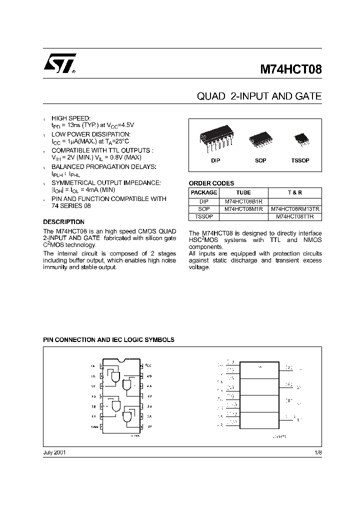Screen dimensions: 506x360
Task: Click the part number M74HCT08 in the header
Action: coord(290,68)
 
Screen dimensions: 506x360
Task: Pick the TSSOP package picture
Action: coord(301,138)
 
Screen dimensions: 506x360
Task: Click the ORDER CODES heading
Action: coord(211,183)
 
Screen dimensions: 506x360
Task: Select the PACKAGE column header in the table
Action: coord(204,192)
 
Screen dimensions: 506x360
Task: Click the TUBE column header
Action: coord(243,192)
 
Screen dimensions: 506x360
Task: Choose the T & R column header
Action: coord(295,192)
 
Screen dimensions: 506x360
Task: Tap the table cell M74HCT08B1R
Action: coord(243,201)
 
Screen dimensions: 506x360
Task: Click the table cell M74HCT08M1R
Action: coord(243,209)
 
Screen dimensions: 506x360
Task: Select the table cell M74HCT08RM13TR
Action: coord(295,209)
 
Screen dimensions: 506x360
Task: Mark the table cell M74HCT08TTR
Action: coord(295,217)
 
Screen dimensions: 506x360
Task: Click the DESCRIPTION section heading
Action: coord(63,222)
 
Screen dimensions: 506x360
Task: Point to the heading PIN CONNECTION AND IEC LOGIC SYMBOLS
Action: coord(108,339)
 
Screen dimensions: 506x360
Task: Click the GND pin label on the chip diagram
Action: coord(93,426)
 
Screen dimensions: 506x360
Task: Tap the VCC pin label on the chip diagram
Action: coord(149,365)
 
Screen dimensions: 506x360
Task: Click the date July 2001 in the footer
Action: coord(54,452)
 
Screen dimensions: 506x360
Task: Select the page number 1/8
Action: coord(318,452)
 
